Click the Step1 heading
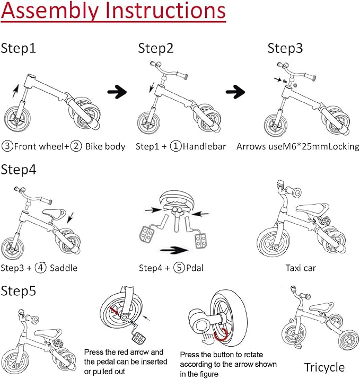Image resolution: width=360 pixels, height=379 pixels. [18, 48]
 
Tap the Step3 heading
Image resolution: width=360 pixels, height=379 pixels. [285, 48]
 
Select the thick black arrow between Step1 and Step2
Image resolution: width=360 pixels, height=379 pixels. [117, 93]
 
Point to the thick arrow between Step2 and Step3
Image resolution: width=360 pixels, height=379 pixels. [236, 93]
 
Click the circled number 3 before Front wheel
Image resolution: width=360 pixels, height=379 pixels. [7, 146]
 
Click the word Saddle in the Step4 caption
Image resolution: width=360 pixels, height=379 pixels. [63, 268]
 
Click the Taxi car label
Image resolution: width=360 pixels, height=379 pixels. [301, 268]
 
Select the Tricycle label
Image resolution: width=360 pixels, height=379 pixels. [324, 367]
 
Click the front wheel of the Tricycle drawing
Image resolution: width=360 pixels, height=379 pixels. [291, 333]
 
